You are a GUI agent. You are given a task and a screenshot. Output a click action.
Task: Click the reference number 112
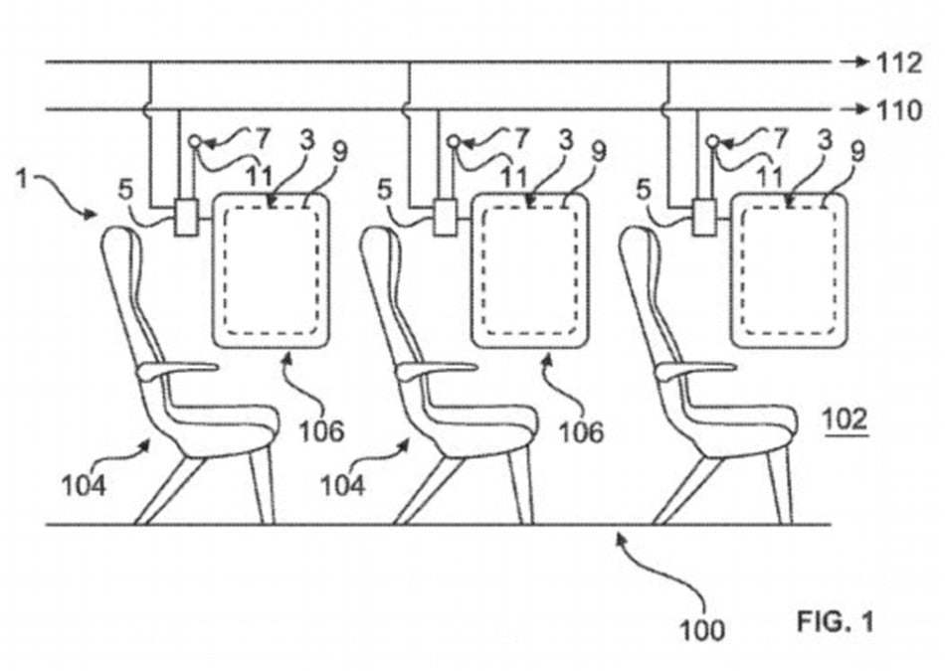pyautogui.click(x=899, y=63)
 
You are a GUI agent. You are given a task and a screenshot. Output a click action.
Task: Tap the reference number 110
pyautogui.click(x=899, y=110)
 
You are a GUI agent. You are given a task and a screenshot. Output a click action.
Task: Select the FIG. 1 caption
pyautogui.click(x=836, y=621)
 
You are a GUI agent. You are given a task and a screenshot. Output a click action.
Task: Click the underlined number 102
pyautogui.click(x=846, y=419)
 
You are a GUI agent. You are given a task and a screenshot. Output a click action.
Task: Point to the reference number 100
pyautogui.click(x=702, y=630)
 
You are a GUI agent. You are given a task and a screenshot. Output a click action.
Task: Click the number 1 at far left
pyautogui.click(x=22, y=178)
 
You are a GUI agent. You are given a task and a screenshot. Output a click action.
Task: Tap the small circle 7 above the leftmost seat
pyautogui.click(x=195, y=141)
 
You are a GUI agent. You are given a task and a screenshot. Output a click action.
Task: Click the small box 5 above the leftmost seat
pyautogui.click(x=186, y=218)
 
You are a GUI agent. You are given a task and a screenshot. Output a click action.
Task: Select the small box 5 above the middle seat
pyautogui.click(x=446, y=218)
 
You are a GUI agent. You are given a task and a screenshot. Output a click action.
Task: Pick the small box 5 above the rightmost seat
pyautogui.click(x=704, y=218)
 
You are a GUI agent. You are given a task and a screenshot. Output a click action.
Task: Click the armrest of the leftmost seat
pyautogui.click(x=176, y=370)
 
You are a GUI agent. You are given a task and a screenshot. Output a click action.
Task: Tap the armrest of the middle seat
pyautogui.click(x=435, y=370)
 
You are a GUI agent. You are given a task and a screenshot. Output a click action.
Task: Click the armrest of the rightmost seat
pyautogui.click(x=694, y=370)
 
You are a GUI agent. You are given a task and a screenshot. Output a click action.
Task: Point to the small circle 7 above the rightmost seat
pyautogui.click(x=713, y=141)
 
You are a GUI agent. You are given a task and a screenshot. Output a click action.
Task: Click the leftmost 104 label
pyautogui.click(x=85, y=485)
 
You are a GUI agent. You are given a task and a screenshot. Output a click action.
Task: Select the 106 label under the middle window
pyautogui.click(x=581, y=431)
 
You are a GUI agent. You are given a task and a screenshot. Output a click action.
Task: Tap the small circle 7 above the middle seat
pyautogui.click(x=454, y=141)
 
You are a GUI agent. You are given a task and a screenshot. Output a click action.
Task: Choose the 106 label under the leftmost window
pyautogui.click(x=322, y=430)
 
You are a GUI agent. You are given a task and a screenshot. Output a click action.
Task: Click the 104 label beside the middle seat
pyautogui.click(x=342, y=485)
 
